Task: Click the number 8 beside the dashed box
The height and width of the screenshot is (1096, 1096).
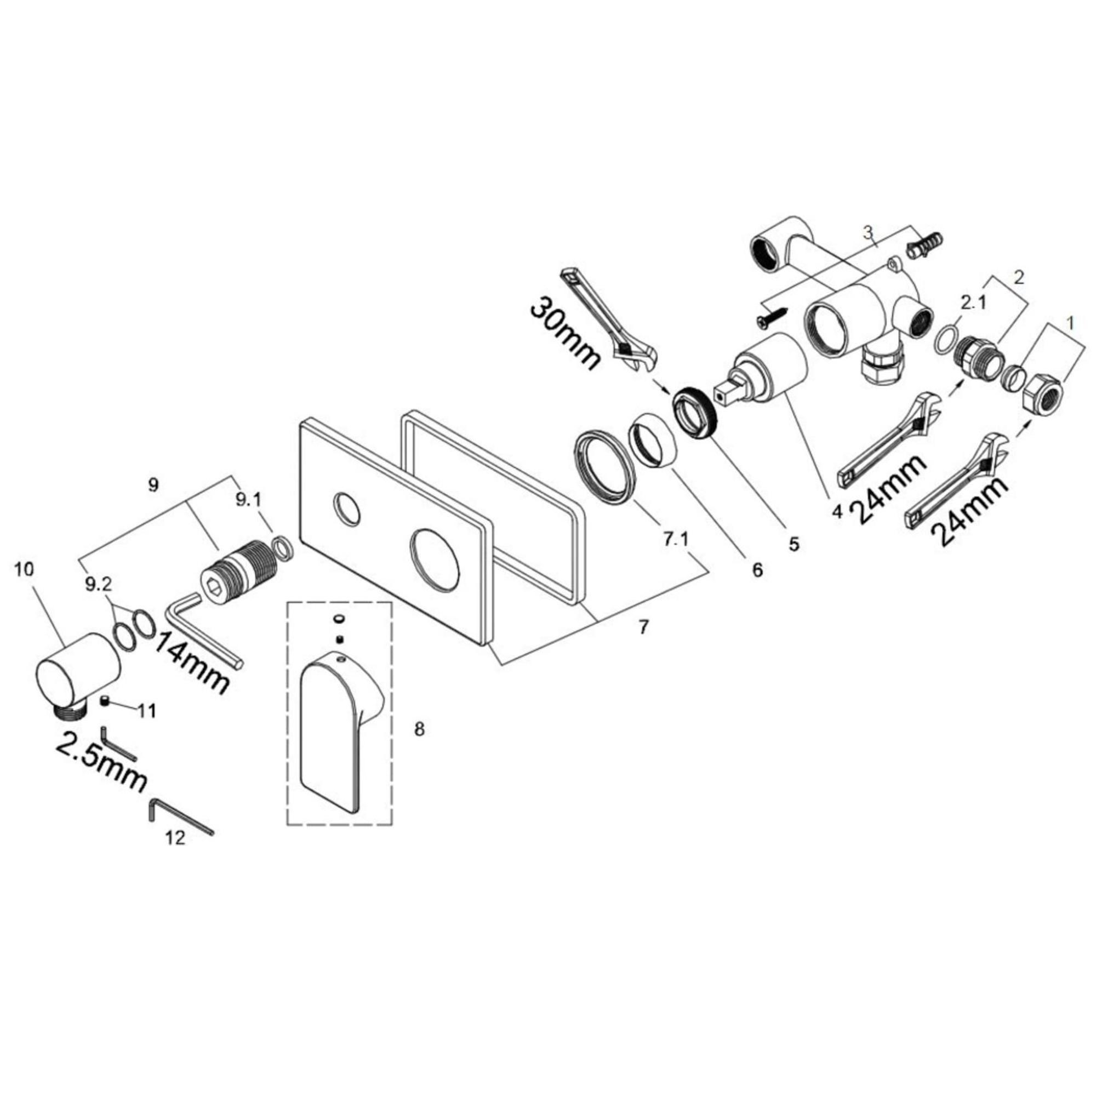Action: pyautogui.click(x=419, y=729)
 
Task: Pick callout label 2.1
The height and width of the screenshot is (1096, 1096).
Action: pyautogui.click(x=973, y=303)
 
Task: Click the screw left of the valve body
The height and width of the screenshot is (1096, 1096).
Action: pyautogui.click(x=770, y=316)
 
